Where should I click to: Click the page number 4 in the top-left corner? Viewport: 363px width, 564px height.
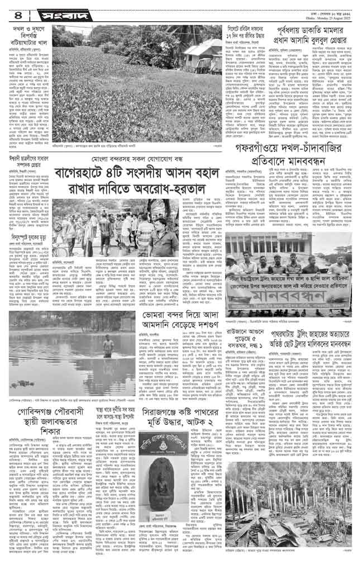tap(8, 10)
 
